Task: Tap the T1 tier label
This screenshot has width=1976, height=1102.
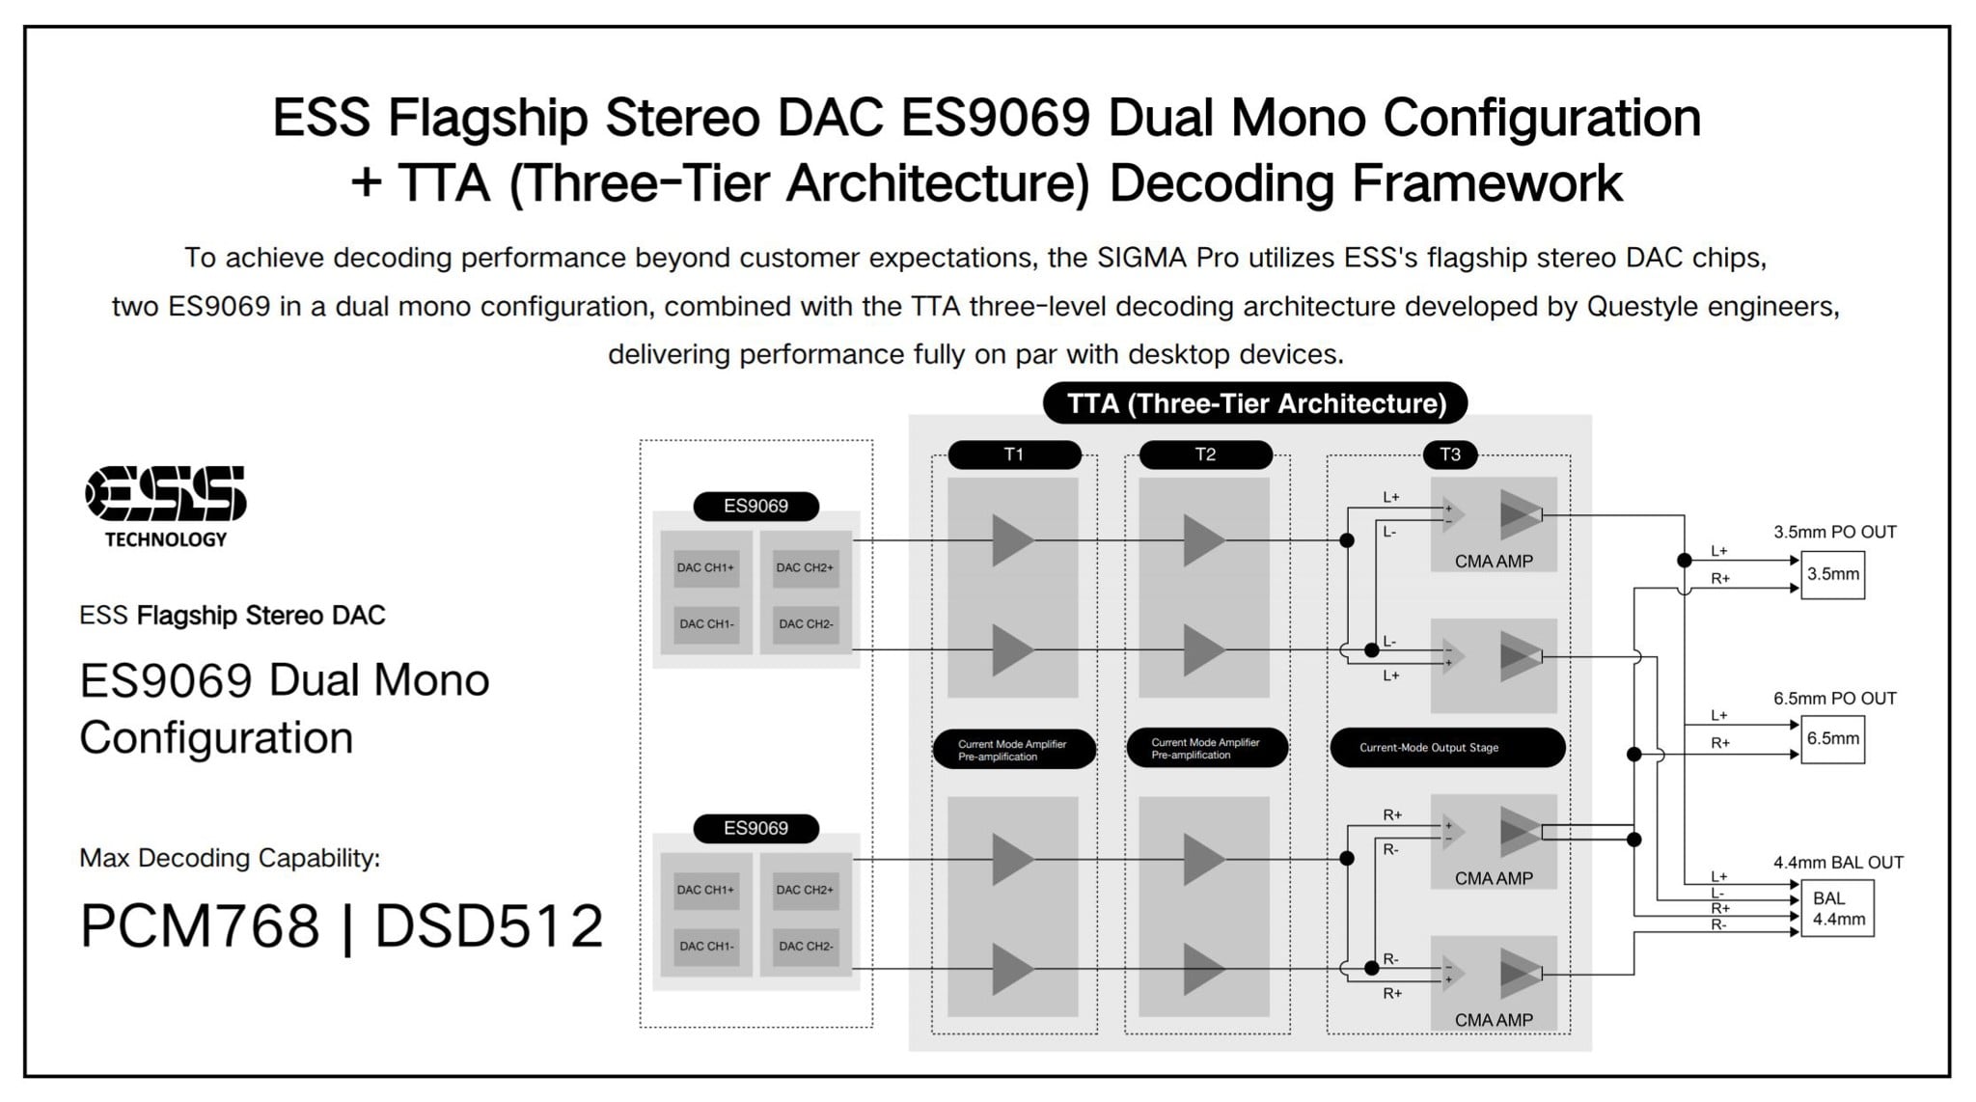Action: (1013, 455)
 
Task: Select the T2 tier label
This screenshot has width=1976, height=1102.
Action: (1205, 455)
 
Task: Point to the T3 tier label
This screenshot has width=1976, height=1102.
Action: (1450, 455)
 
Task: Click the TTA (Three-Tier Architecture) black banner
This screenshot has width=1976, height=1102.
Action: (1255, 403)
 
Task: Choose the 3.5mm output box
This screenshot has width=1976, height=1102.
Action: (1832, 574)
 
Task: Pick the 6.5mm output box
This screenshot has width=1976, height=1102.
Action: (1832, 739)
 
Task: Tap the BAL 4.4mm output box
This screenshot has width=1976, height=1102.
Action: (1837, 909)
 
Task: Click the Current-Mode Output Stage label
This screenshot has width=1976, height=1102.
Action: (1446, 748)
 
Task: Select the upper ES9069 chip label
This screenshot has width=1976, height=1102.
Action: (755, 506)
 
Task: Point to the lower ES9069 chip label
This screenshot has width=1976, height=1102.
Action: (755, 828)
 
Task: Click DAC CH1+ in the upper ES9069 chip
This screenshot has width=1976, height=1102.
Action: (705, 567)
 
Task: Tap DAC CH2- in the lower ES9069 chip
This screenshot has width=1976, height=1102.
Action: (806, 946)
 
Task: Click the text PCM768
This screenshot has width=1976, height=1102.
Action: (199, 926)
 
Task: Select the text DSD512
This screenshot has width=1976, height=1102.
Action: (488, 926)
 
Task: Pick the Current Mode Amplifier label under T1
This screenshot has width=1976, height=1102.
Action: (1013, 750)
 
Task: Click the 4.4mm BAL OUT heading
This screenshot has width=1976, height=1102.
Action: (1837, 863)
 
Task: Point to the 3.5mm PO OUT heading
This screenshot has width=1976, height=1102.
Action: (1834, 532)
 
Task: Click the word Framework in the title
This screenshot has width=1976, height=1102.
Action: (1488, 183)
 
